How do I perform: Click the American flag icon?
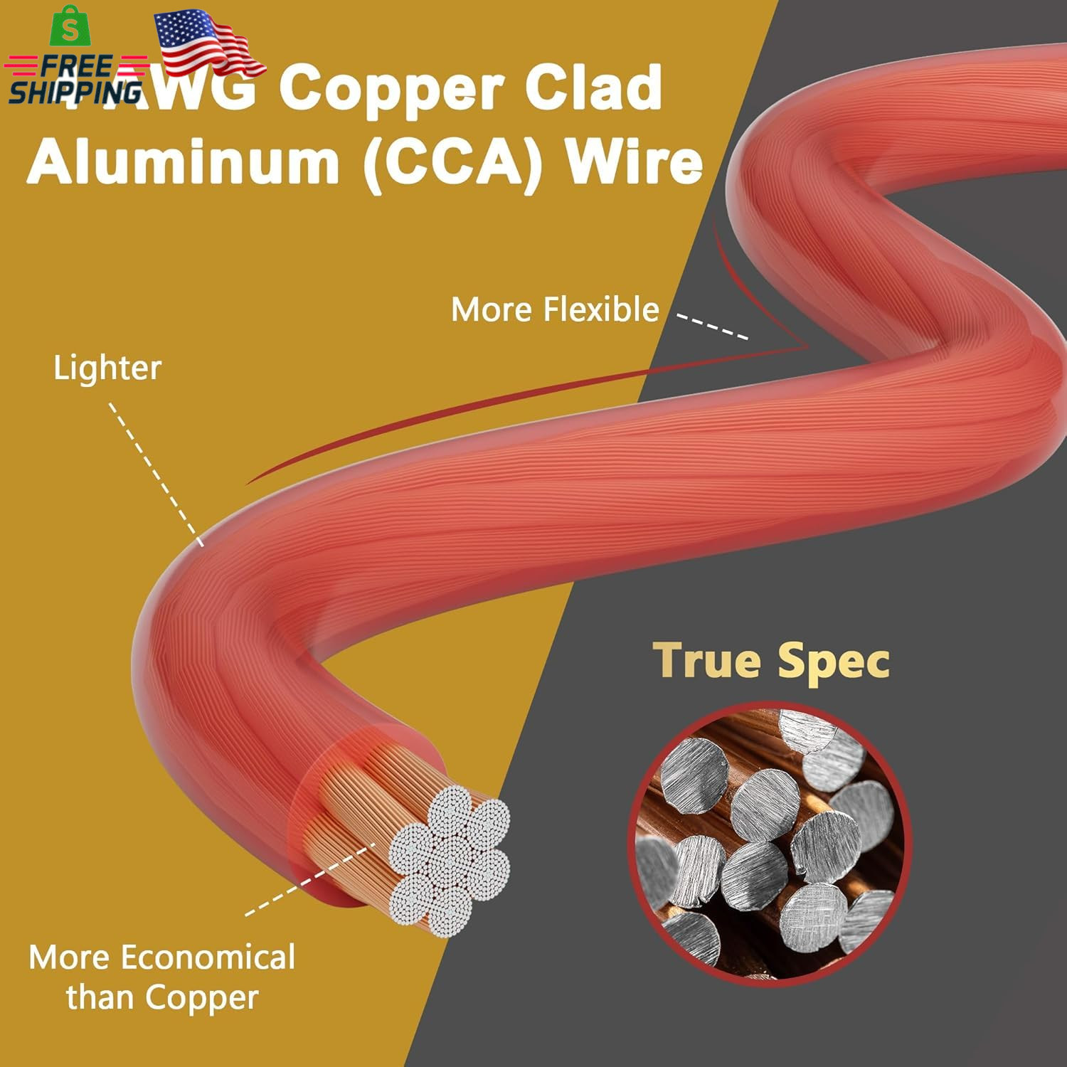[x=206, y=43]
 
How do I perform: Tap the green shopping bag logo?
[x=70, y=27]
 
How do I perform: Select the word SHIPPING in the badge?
[x=75, y=92]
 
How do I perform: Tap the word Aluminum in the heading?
[x=184, y=162]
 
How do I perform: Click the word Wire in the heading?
[x=634, y=162]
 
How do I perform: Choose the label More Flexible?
[x=555, y=310]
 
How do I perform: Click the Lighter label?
[x=107, y=368]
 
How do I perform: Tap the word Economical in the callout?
[x=208, y=957]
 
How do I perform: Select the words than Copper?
[x=162, y=997]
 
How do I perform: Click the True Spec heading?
[x=771, y=661]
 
